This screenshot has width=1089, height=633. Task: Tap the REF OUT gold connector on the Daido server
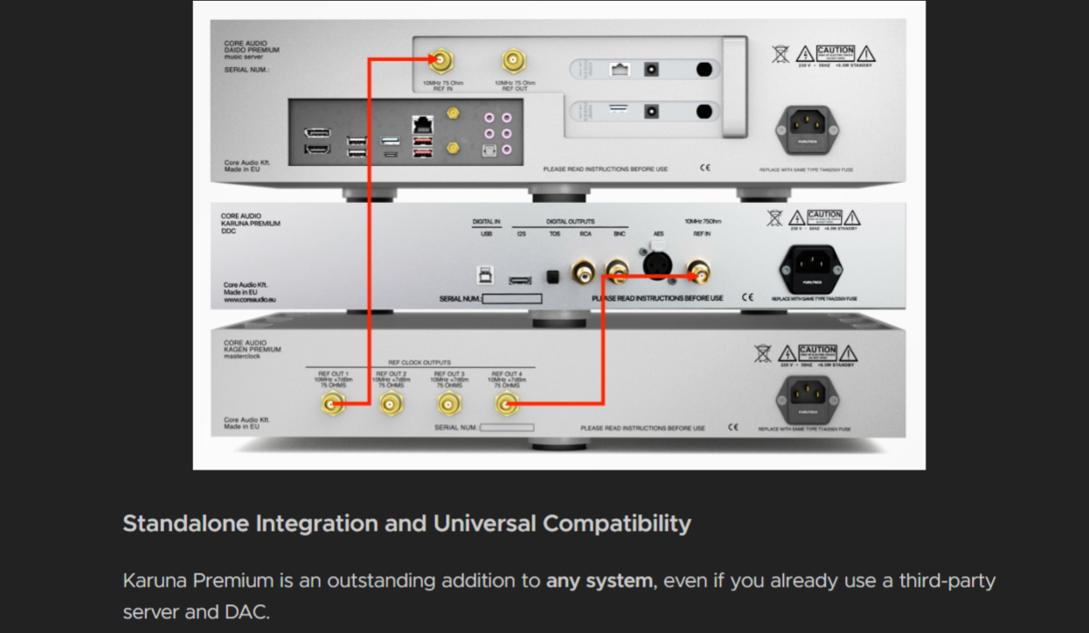coord(514,60)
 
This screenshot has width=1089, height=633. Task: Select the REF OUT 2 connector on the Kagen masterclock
coord(390,403)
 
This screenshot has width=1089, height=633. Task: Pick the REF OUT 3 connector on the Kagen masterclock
coord(449,403)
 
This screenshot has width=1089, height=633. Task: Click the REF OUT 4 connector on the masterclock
coord(506,403)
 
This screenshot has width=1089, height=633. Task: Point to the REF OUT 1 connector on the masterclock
coord(332,403)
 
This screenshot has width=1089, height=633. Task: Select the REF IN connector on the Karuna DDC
coord(699,273)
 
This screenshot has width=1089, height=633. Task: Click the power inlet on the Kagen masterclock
coord(807,398)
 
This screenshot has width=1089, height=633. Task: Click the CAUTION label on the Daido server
coord(835,52)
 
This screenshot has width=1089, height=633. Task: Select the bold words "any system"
coord(599,581)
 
